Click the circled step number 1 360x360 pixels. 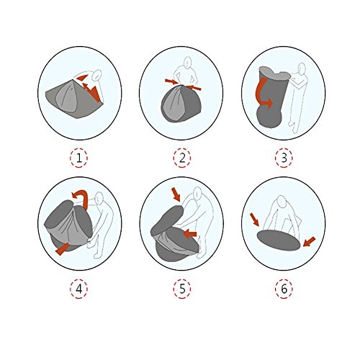tap(79, 158)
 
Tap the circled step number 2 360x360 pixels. tap(182, 158)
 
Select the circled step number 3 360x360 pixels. tap(284, 158)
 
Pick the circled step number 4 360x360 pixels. tap(79, 289)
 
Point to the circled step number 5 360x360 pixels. tap(182, 289)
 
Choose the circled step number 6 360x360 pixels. tap(284, 289)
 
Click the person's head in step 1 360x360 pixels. tap(97, 75)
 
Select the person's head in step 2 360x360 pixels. tap(187, 63)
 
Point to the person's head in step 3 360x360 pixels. tap(302, 68)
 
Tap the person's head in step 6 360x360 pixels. tap(282, 201)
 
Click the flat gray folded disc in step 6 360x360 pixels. tap(279, 240)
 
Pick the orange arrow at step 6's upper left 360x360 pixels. tap(254, 220)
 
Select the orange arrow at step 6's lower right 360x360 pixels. tap(309, 242)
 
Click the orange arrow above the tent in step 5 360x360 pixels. tap(176, 194)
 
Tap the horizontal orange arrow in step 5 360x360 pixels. tap(190, 233)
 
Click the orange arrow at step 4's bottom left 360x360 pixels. tap(63, 249)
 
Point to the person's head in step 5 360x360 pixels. tap(198, 192)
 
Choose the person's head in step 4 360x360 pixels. tap(99, 198)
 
